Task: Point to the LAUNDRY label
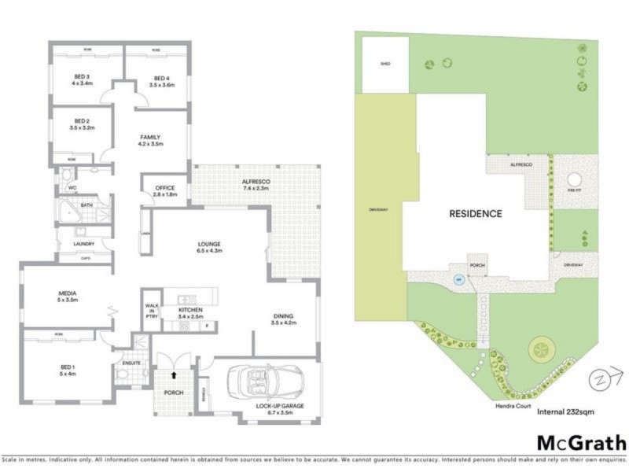pyautogui.click(x=84, y=244)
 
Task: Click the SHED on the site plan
pyautogui.click(x=385, y=64)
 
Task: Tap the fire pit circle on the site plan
pyautogui.click(x=575, y=179)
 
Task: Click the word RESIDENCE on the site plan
pyautogui.click(x=475, y=213)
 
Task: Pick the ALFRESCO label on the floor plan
pyautogui.click(x=256, y=186)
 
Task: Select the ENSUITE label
pyautogui.click(x=131, y=363)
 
